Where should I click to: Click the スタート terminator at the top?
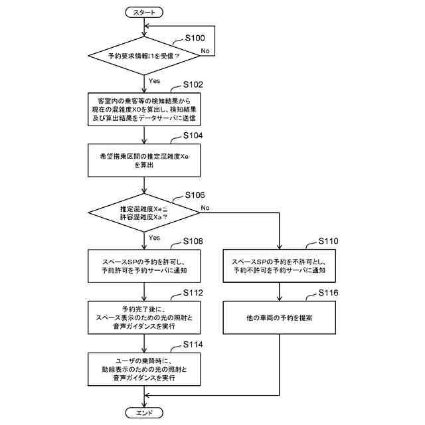click(144, 13)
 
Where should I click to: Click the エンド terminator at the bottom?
click(144, 413)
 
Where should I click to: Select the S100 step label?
click(195, 38)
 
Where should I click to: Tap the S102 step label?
click(193, 84)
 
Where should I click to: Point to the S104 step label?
click(193, 135)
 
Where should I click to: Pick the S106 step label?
click(195, 195)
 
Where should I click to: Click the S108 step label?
click(193, 241)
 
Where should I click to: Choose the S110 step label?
click(328, 241)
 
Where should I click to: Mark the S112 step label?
click(193, 293)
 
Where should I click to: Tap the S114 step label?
click(193, 345)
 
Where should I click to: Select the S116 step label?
click(328, 293)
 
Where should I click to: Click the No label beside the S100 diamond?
click(205, 50)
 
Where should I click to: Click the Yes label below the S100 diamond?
click(154, 81)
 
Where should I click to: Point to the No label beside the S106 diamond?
click(205, 208)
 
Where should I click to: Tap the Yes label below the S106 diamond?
click(154, 238)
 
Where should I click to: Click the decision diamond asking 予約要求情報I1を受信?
click(144, 56)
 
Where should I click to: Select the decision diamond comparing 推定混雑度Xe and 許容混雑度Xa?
click(144, 212)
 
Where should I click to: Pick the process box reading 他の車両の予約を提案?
click(279, 317)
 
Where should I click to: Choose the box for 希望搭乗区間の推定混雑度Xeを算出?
click(144, 160)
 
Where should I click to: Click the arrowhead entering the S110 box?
click(279, 246)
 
